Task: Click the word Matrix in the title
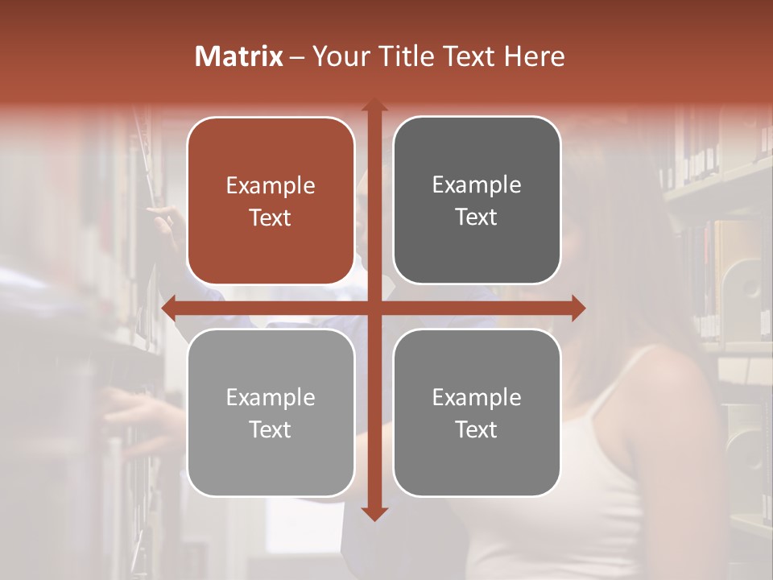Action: pos(239,56)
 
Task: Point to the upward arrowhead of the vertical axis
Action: pos(374,105)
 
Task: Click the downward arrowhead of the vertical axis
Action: pos(374,513)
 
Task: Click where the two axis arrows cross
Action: pos(374,308)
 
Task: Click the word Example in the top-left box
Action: pos(271,186)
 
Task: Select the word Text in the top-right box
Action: pos(477,217)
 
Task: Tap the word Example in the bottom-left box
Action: pos(271,398)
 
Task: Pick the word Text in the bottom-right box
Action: pos(477,429)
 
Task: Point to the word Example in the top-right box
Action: pos(477,185)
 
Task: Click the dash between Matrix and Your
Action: pos(297,57)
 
